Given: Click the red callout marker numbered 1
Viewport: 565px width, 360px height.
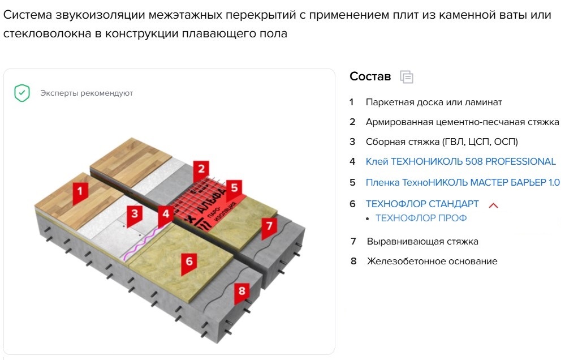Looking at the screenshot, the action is [x=80, y=192].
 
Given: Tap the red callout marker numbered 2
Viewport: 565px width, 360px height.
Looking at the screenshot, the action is [x=201, y=170].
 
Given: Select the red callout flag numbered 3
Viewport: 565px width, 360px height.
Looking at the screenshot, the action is [x=135, y=215].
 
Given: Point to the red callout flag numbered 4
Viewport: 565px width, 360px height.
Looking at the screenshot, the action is [x=166, y=216].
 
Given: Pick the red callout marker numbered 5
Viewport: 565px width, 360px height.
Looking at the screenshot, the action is [x=234, y=190].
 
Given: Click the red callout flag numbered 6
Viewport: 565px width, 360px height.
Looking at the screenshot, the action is [x=189, y=263].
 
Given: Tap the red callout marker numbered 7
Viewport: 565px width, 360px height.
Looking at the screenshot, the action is [x=269, y=228].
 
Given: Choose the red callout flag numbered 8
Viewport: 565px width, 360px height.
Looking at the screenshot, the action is [x=242, y=293].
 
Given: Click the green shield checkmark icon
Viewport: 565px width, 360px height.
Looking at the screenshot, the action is [x=22, y=93].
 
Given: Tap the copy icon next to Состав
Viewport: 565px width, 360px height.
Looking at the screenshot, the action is [x=407, y=77].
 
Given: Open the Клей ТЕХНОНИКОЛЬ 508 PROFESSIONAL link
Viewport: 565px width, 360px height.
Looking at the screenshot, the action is [x=460, y=161].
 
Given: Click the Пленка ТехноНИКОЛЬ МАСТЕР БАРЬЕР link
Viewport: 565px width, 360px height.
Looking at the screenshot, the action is [x=463, y=182].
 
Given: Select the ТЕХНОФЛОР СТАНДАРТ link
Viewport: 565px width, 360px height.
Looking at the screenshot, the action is [x=422, y=204].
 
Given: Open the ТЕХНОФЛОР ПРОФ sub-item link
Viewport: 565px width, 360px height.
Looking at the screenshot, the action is [x=421, y=218].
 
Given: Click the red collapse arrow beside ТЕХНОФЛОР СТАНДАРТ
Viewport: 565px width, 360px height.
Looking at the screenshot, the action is [x=493, y=205].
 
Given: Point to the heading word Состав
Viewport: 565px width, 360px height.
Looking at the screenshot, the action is [x=370, y=76].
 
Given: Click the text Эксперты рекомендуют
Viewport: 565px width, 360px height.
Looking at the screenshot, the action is [x=87, y=93].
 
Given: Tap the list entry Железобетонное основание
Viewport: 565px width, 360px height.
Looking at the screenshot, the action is [x=432, y=261].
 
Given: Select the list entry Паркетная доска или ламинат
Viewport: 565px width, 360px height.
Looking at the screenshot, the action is [x=434, y=102].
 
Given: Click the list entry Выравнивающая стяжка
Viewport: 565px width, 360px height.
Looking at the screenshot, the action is [x=422, y=241].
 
